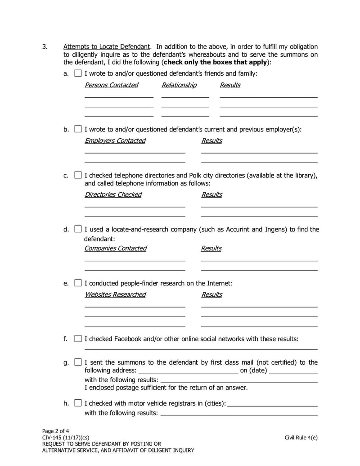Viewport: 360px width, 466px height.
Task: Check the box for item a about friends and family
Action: [x=78, y=73]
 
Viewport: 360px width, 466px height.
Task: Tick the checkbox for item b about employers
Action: [x=78, y=129]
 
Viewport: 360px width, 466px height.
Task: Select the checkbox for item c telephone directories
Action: [x=78, y=175]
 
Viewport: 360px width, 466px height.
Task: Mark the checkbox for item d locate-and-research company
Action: [x=78, y=229]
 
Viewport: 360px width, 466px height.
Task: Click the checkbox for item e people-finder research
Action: [x=78, y=283]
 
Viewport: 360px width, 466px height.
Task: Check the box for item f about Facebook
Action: [x=78, y=339]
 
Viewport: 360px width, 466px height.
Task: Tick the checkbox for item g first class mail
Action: [x=78, y=362]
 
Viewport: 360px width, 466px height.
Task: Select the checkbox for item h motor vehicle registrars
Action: [x=78, y=403]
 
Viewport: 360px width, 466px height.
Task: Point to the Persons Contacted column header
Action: [x=111, y=85]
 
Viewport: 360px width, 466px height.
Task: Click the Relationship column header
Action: [x=179, y=85]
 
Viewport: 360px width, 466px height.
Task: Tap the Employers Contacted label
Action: [x=115, y=140]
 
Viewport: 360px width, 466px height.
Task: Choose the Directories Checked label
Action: [x=113, y=195]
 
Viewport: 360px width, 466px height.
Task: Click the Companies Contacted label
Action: [x=115, y=248]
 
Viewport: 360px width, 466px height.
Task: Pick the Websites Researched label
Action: [x=115, y=294]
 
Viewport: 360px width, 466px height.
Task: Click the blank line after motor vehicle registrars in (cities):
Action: [x=273, y=404]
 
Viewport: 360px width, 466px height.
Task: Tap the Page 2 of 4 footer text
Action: [x=55, y=430]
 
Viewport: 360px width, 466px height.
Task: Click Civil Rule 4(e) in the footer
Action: [x=301, y=437]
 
